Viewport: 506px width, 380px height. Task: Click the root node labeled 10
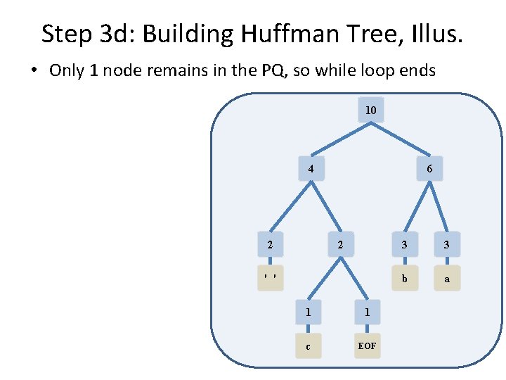[x=370, y=110]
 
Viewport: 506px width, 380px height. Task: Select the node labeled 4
[x=311, y=169]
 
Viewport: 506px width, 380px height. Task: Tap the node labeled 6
[x=429, y=169]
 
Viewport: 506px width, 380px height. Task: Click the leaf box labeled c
[x=309, y=346]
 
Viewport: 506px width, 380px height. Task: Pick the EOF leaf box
[x=367, y=346]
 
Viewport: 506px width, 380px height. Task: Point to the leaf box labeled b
[x=403, y=279]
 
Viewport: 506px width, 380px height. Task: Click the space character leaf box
[x=270, y=279]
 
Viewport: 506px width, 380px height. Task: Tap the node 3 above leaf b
[x=403, y=245]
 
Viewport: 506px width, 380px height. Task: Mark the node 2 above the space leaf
[x=270, y=245]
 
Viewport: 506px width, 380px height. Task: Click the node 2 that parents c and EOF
[x=340, y=245]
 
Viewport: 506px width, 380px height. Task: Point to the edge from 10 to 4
[x=341, y=139]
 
